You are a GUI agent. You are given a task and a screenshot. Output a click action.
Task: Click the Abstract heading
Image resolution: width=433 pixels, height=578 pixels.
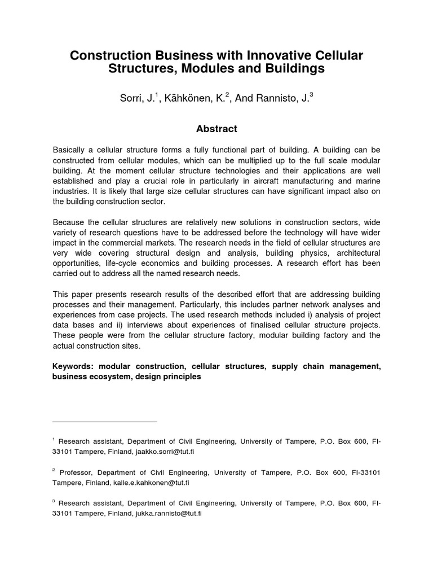(x=216, y=129)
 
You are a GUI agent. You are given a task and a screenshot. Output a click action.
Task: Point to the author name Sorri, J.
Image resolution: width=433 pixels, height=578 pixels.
(x=134, y=99)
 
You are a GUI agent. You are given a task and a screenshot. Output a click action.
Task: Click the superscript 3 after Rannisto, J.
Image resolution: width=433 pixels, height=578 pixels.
(x=311, y=95)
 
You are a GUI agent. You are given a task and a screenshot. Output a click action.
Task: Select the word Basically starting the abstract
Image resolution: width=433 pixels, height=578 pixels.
(x=72, y=150)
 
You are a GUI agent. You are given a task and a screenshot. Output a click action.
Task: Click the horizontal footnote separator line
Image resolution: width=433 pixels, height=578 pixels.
(x=105, y=421)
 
